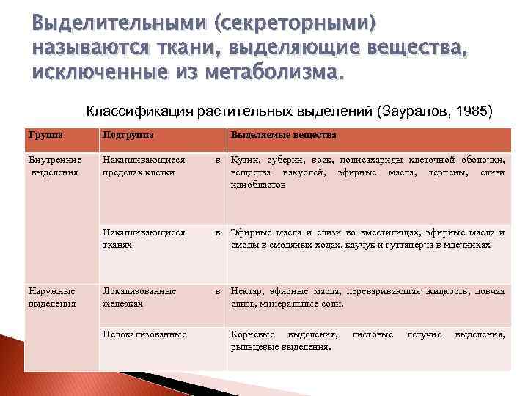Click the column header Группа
pyautogui.click(x=45, y=135)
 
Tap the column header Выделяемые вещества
pyautogui.click(x=283, y=135)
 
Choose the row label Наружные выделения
pyautogui.click(x=51, y=297)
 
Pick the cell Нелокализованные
pyautogui.click(x=144, y=334)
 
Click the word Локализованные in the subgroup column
pyautogui.click(x=139, y=291)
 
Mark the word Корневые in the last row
pyautogui.click(x=253, y=334)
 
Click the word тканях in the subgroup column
pyautogui.click(x=117, y=245)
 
